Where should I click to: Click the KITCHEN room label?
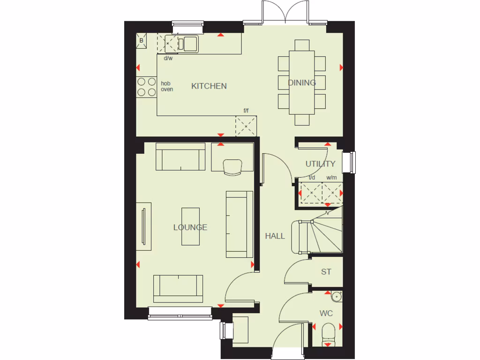209,86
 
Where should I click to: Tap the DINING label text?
302,83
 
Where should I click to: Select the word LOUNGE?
190,228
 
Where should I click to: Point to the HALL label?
275,236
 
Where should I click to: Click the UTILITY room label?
321,164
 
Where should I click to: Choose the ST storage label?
326,272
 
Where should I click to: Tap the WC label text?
326,313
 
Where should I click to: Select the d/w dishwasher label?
168,59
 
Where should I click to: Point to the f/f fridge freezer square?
246,125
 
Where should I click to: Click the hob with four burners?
146,87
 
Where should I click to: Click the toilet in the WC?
329,334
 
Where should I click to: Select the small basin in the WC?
336,296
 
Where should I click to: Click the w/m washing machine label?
332,178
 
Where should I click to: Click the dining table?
302,82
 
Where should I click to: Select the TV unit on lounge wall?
144,227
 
